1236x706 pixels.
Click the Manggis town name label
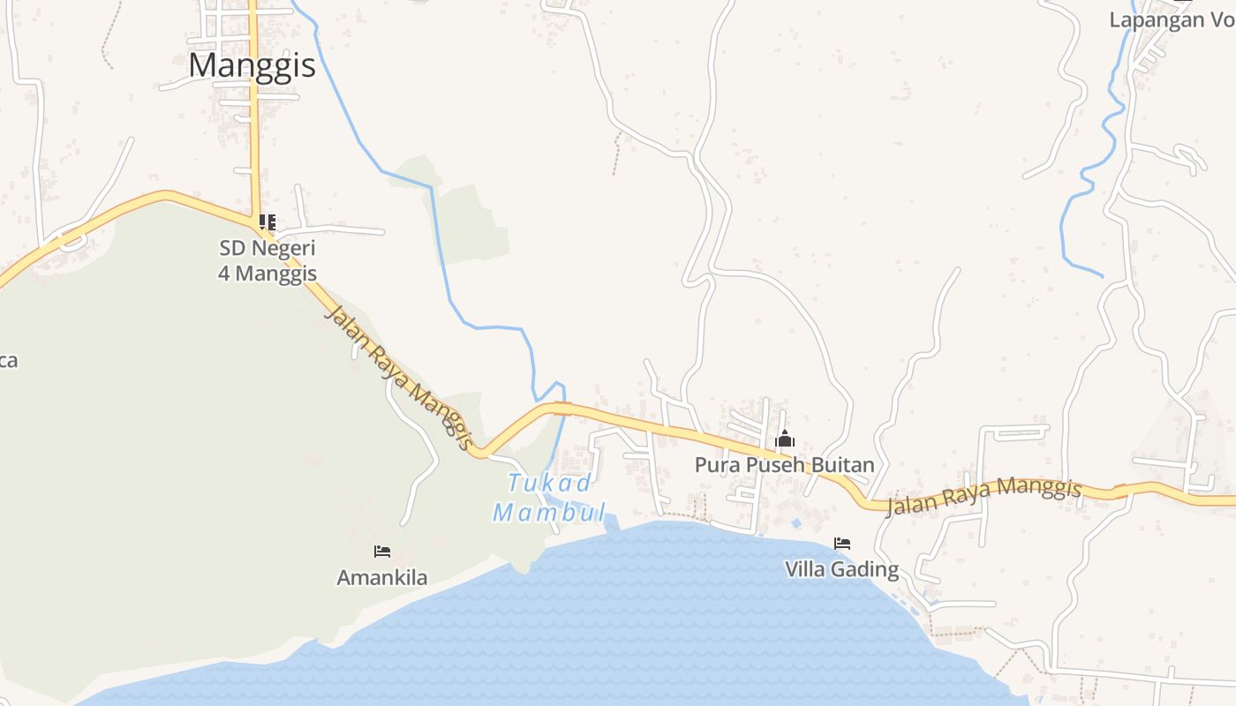click(x=252, y=65)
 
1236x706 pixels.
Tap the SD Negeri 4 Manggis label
click(x=267, y=260)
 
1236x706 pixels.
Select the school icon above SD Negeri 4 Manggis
click(x=267, y=222)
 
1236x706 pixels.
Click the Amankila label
click(x=382, y=578)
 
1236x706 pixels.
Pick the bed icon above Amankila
click(x=382, y=552)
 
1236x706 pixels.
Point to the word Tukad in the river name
click(x=549, y=484)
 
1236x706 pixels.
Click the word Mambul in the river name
click(x=549, y=513)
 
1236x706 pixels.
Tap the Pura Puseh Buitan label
click(x=784, y=465)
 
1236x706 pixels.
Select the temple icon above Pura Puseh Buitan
click(x=784, y=439)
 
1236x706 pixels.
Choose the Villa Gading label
click(x=841, y=570)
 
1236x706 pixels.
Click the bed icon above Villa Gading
click(x=842, y=543)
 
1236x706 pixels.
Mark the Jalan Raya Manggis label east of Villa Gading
click(x=984, y=497)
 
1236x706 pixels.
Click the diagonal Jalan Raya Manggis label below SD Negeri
click(x=400, y=377)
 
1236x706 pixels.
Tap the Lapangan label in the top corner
click(x=1157, y=20)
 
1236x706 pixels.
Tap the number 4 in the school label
click(x=224, y=274)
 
